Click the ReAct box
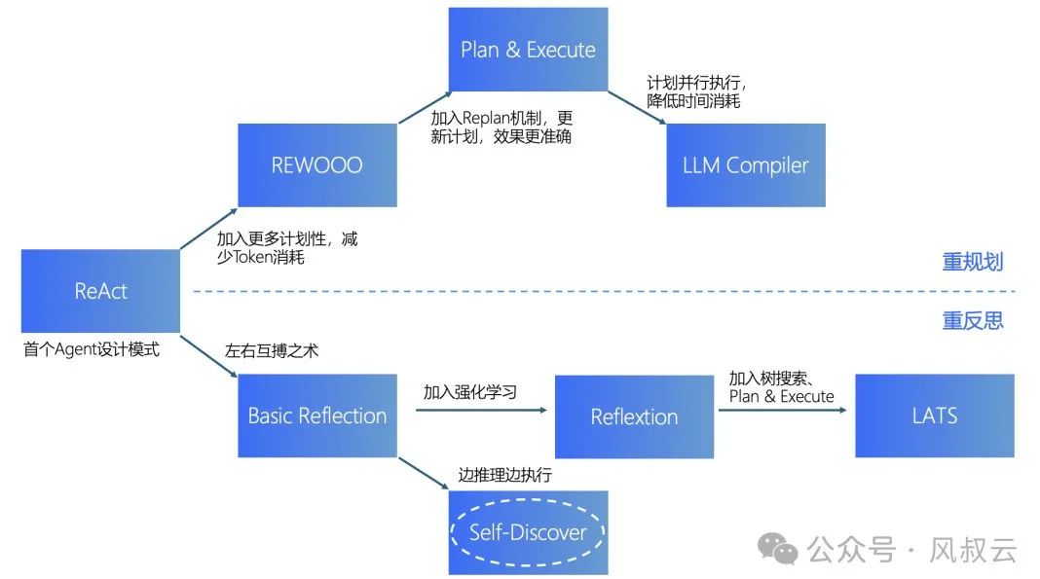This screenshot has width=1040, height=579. (100, 291)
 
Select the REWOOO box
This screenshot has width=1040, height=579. (317, 164)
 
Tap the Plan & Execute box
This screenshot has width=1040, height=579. (528, 50)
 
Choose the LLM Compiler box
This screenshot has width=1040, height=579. (746, 164)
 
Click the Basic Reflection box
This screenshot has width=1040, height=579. (317, 416)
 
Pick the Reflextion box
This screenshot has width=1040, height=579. (634, 416)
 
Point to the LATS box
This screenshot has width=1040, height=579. (934, 416)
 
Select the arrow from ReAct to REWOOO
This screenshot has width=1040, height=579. (208, 229)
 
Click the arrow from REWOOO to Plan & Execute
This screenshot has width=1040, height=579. (425, 108)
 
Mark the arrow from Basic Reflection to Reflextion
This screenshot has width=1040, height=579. (481, 410)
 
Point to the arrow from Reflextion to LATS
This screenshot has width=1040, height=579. (782, 410)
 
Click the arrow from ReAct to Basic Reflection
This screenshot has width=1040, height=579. (208, 353)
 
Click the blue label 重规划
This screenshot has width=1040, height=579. (972, 262)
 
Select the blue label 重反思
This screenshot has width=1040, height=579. (972, 320)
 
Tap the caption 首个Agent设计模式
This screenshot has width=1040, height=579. (92, 349)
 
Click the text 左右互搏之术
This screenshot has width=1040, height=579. (272, 351)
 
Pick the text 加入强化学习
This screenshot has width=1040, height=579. (469, 392)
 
